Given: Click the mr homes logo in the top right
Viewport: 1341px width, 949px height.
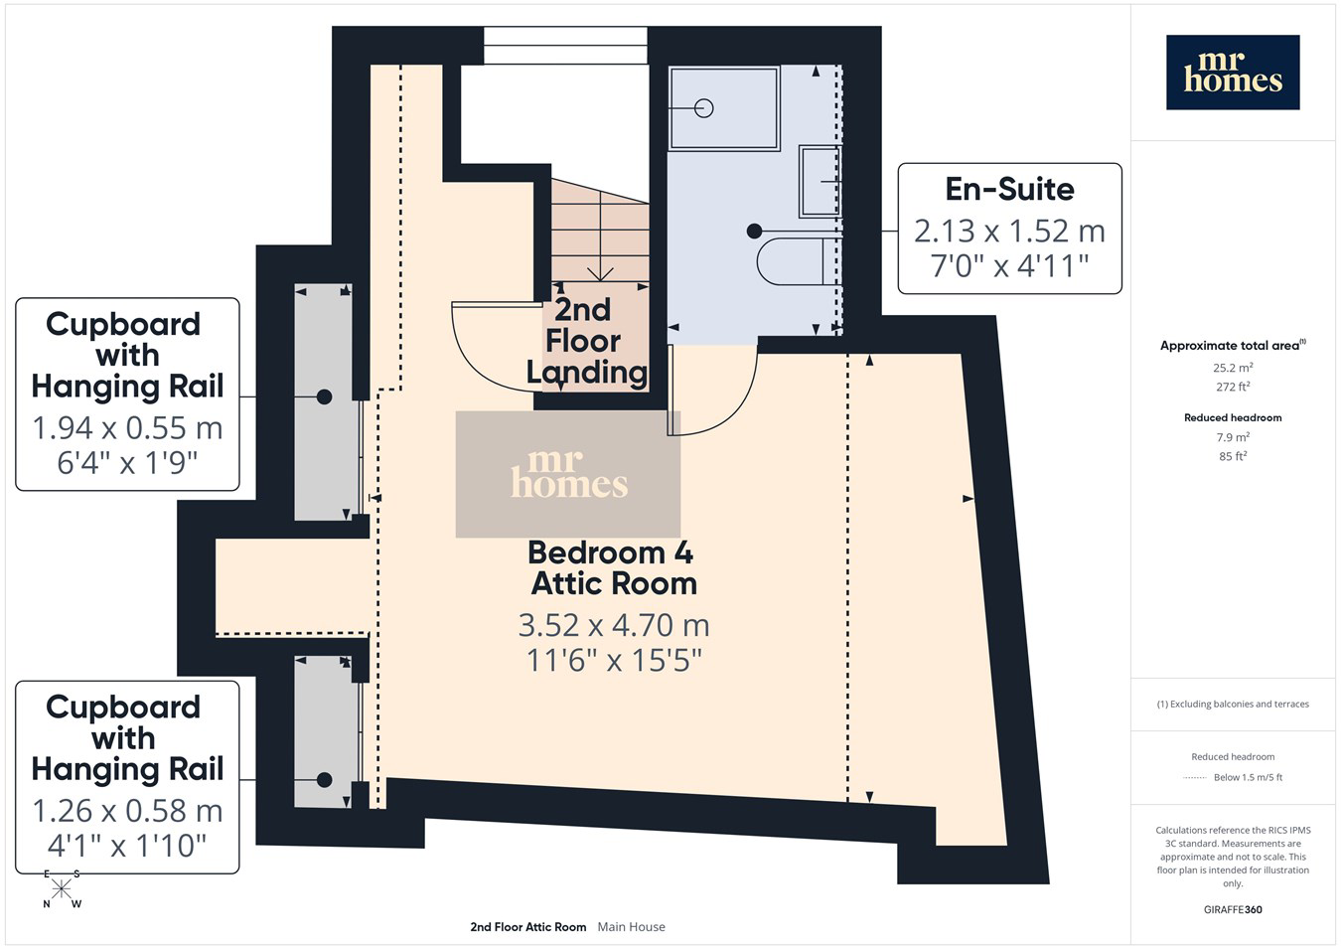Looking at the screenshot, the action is coord(1233,73).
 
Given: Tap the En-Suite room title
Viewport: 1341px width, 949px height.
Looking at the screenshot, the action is coord(1009,189).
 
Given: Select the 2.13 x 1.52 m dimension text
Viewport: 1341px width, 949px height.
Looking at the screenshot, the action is coord(1009,232).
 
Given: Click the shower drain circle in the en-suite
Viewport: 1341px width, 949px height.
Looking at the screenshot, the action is coord(704,108).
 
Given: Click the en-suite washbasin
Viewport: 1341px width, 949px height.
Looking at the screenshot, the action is coord(819,182).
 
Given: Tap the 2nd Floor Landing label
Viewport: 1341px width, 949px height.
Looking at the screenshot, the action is coord(586,341).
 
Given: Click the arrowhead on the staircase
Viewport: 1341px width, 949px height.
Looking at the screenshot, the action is coord(600,274).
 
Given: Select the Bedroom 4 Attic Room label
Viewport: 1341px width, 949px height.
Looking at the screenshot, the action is coord(612,568).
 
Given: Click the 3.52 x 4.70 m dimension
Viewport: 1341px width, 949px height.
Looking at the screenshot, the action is coord(614,626).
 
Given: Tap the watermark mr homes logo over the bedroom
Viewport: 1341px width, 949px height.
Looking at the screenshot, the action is coord(568,474).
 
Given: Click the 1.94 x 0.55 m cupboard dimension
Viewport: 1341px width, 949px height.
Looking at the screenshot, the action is coord(127,428).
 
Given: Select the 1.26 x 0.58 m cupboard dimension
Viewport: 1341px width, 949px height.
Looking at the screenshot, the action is coord(127,811).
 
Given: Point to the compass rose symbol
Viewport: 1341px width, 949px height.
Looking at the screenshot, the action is coord(61,889).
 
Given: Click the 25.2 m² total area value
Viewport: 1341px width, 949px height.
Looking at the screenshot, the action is coord(1233,368).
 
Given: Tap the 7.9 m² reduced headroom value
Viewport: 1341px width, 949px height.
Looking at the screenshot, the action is coord(1233,437).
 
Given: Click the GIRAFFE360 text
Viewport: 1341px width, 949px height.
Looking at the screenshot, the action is coord(1233,909).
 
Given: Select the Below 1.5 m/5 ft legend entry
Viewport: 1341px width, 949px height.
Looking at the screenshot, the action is coord(1248,777).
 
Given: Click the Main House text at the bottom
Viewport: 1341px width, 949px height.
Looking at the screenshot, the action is coord(631,927).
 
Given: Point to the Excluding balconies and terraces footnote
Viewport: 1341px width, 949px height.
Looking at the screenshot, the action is coord(1233,705).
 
